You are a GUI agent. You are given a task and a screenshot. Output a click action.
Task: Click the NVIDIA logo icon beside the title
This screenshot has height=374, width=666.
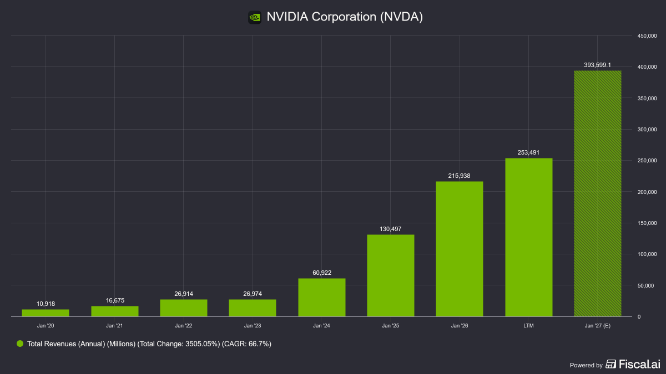click(255, 18)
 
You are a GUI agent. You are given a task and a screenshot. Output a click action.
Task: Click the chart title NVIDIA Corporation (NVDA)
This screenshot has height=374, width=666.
click(345, 17)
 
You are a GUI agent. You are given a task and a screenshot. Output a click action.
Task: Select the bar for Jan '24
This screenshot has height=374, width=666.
click(322, 298)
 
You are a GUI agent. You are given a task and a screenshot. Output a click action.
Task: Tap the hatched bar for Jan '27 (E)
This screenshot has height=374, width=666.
click(597, 193)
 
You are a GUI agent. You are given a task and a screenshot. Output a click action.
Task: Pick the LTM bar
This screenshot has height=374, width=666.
click(528, 238)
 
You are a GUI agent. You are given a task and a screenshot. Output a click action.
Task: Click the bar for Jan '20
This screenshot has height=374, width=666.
click(46, 313)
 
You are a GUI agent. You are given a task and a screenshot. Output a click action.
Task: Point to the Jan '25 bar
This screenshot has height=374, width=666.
click(390, 276)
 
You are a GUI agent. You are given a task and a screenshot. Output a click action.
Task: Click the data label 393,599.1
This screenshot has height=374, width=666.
click(597, 65)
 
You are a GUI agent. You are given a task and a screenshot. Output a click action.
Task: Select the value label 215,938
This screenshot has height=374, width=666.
click(459, 176)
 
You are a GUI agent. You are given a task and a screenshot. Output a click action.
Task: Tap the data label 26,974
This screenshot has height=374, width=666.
click(253, 294)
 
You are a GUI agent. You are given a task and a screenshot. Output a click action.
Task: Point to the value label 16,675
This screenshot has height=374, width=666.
click(115, 301)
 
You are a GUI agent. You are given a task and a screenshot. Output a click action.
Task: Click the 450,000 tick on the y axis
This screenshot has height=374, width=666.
click(647, 36)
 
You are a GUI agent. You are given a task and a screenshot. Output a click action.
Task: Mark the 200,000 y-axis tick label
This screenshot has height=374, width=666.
click(647, 192)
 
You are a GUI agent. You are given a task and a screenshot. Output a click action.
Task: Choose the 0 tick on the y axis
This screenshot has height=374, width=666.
click(639, 317)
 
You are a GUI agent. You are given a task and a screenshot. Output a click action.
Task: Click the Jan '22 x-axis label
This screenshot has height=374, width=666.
click(184, 326)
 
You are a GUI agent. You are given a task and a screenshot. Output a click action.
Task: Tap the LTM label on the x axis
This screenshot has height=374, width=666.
click(528, 326)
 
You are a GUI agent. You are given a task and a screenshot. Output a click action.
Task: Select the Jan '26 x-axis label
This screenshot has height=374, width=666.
click(460, 326)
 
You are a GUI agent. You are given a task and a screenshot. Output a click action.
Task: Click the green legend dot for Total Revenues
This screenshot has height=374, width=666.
click(20, 344)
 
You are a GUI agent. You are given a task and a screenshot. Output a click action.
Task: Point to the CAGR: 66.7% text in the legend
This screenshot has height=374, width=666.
click(246, 344)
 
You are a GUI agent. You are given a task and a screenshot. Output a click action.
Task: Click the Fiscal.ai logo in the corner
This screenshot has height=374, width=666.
click(633, 364)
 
